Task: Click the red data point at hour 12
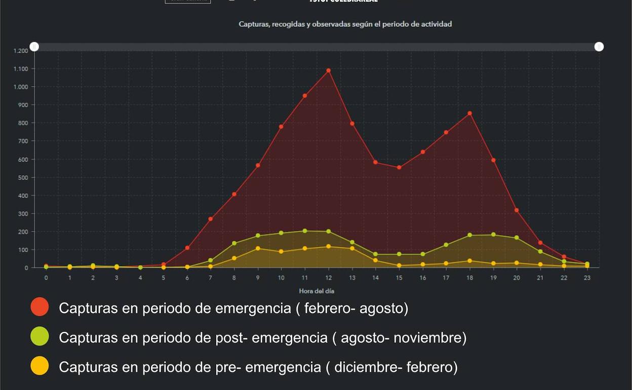pos(328,70)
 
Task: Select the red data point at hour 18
pos(469,113)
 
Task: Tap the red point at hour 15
pos(399,167)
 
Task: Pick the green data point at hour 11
pos(305,231)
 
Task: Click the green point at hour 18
pos(469,235)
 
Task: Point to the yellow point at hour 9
pos(258,248)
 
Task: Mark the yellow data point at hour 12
pos(328,247)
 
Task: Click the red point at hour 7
pos(211,219)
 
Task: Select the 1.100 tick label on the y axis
pos(21,69)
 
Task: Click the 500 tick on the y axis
pos(23,178)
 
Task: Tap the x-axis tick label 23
pos(587,278)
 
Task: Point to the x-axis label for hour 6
pos(187,278)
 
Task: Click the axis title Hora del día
pos(317,291)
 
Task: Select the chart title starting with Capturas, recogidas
pos(345,24)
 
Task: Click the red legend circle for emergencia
pos(39,307)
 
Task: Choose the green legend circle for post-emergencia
pos(39,336)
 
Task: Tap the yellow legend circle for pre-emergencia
pos(39,366)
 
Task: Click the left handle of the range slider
pos(34,47)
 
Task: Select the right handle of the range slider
pos(599,47)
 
